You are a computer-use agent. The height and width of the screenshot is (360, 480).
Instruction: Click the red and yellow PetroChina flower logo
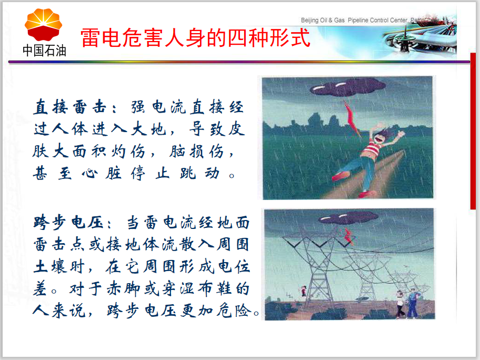[x=44, y=25]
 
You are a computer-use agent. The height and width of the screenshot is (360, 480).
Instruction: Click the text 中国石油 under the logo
[x=44, y=51]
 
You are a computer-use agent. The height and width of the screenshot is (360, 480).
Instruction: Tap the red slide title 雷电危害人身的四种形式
[x=195, y=38]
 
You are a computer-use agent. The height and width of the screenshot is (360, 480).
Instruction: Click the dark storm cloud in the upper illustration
[x=347, y=87]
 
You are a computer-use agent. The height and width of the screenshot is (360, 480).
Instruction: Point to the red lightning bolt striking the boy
[x=352, y=118]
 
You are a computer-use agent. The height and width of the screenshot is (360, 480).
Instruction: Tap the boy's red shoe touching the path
[x=367, y=194]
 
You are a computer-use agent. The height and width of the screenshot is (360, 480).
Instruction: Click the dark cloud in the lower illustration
[x=348, y=218]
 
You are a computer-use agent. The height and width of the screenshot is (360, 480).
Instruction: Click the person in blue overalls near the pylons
[x=413, y=303]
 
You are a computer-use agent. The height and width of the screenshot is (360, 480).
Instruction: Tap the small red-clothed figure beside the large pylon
[x=303, y=291]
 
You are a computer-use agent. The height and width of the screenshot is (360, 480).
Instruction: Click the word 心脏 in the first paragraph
[x=102, y=174]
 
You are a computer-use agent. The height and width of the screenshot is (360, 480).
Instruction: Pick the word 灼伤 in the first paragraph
[x=128, y=152]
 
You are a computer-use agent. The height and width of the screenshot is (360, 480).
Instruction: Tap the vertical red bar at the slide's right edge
[x=473, y=131]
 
